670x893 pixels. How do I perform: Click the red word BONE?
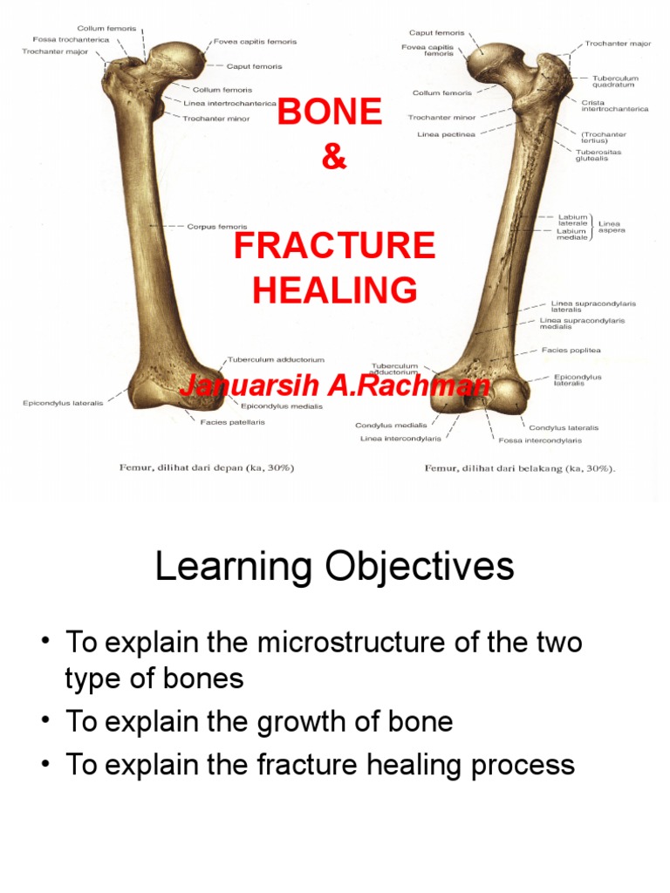(329, 112)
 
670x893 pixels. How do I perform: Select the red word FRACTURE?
(334, 246)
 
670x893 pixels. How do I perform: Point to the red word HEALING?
(334, 290)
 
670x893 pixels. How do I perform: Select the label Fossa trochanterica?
(71, 39)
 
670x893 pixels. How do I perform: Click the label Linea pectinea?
(446, 134)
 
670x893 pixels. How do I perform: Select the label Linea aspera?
(611, 226)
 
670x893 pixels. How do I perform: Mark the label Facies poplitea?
(571, 351)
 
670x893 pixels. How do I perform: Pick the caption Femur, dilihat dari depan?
(206, 467)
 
